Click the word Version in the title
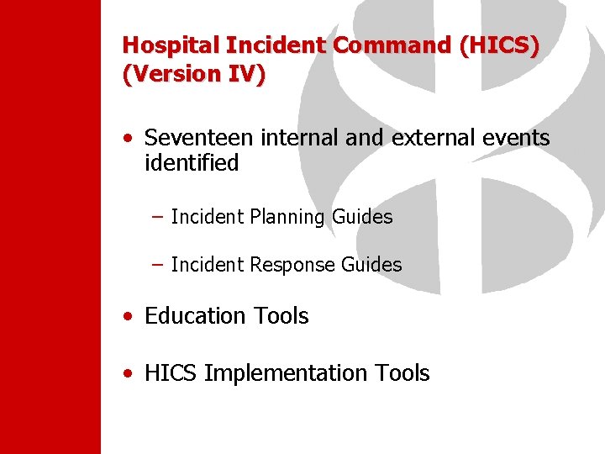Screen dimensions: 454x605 (172, 74)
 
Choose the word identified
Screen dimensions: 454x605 (192, 163)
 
